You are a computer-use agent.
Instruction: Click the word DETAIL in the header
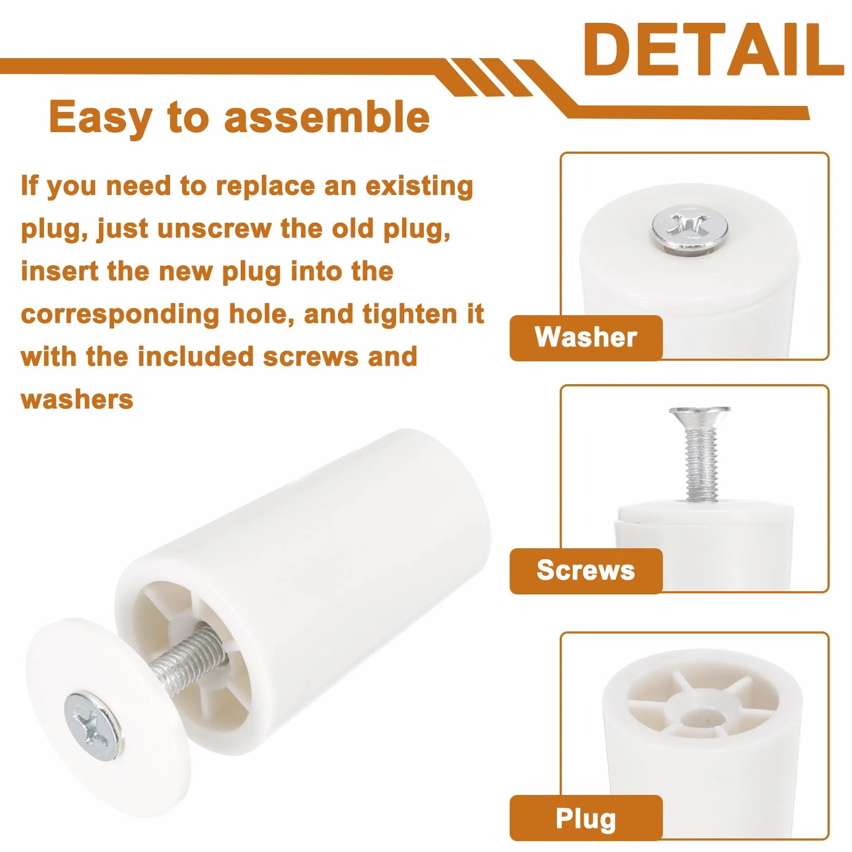click(713, 49)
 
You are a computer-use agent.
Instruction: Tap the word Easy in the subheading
click(101, 118)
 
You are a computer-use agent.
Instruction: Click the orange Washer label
click(586, 337)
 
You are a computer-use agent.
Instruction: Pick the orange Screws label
click(586, 571)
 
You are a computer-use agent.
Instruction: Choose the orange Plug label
click(586, 818)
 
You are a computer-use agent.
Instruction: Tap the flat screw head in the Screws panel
click(700, 417)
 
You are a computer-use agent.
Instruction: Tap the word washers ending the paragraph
click(77, 399)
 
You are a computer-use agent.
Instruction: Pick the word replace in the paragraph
click(265, 186)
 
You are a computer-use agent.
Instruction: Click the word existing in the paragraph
click(419, 186)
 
